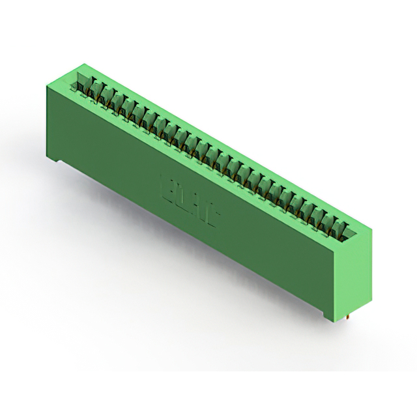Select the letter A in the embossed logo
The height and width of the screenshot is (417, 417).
(197, 203)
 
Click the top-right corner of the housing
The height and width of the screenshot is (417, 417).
(372, 227)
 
